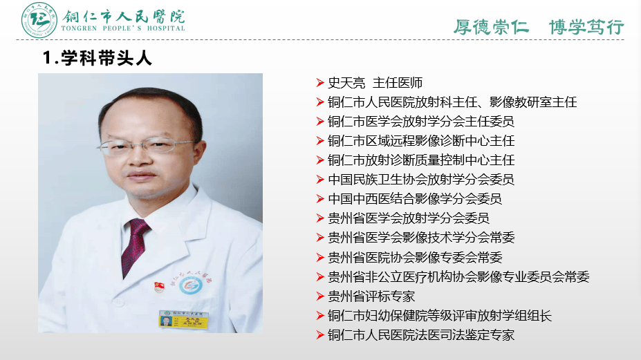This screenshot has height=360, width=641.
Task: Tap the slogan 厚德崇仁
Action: (x=491, y=27)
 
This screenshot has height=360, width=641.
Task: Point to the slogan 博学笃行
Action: (x=586, y=27)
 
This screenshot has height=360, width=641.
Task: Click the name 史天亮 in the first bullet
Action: (x=346, y=83)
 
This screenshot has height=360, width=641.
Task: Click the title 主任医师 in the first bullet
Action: (x=397, y=83)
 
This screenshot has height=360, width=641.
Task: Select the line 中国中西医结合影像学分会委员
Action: (x=414, y=199)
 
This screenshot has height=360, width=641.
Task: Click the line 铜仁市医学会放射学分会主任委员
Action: (x=420, y=122)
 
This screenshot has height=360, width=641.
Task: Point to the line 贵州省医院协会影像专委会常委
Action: (x=414, y=258)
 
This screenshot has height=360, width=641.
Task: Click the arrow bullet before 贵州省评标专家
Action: (x=320, y=296)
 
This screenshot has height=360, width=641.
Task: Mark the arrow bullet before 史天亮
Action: (x=320, y=83)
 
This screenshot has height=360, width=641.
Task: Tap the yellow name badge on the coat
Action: (x=185, y=319)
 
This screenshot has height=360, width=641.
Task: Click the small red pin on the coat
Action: (x=158, y=284)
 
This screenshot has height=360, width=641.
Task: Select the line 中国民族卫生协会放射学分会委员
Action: (x=420, y=180)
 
